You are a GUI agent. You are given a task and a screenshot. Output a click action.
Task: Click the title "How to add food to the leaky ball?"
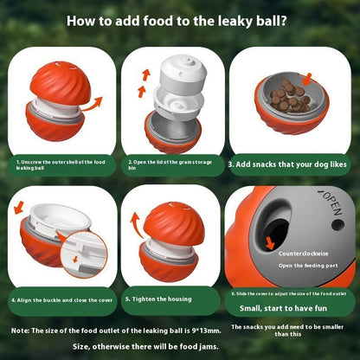click(x=179, y=21)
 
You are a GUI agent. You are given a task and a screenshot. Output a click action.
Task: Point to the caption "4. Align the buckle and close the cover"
click(x=59, y=299)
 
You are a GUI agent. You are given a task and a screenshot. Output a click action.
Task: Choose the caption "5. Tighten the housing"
click(x=164, y=299)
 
